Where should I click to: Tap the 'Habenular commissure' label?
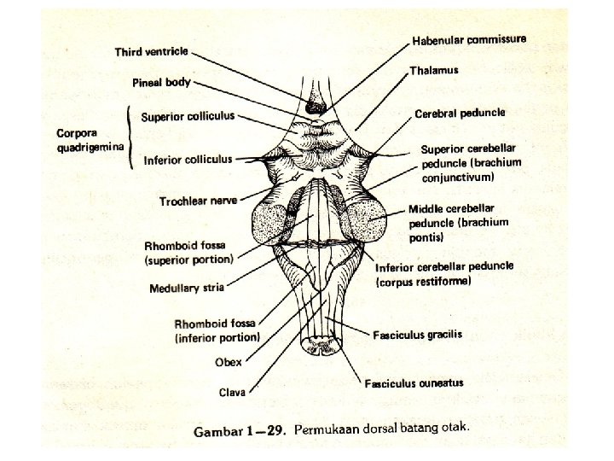click(468, 40)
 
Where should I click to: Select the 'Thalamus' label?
click(435, 71)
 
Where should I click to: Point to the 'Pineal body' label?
click(160, 83)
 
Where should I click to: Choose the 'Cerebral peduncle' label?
click(460, 113)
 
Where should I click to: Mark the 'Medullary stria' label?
click(186, 288)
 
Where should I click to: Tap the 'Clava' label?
click(231, 392)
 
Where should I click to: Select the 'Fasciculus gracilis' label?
click(418, 334)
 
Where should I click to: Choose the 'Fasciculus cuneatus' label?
click(414, 383)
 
